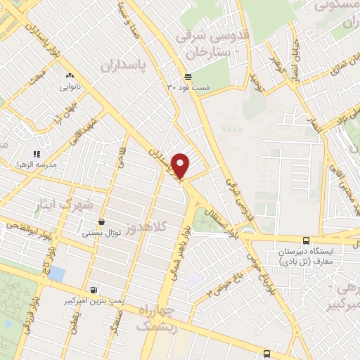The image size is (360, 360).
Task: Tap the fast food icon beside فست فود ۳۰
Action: click(x=188, y=77)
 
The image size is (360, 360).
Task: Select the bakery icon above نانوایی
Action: click(x=69, y=75)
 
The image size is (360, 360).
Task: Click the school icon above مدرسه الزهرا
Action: click(x=37, y=154)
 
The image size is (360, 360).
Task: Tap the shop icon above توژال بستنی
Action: click(x=102, y=221)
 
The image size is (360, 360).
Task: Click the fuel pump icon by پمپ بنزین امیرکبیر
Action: click(x=93, y=289)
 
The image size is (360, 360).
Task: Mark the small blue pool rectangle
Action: click(x=56, y=272)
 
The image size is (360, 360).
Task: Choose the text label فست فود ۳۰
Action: click(x=180, y=87)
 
